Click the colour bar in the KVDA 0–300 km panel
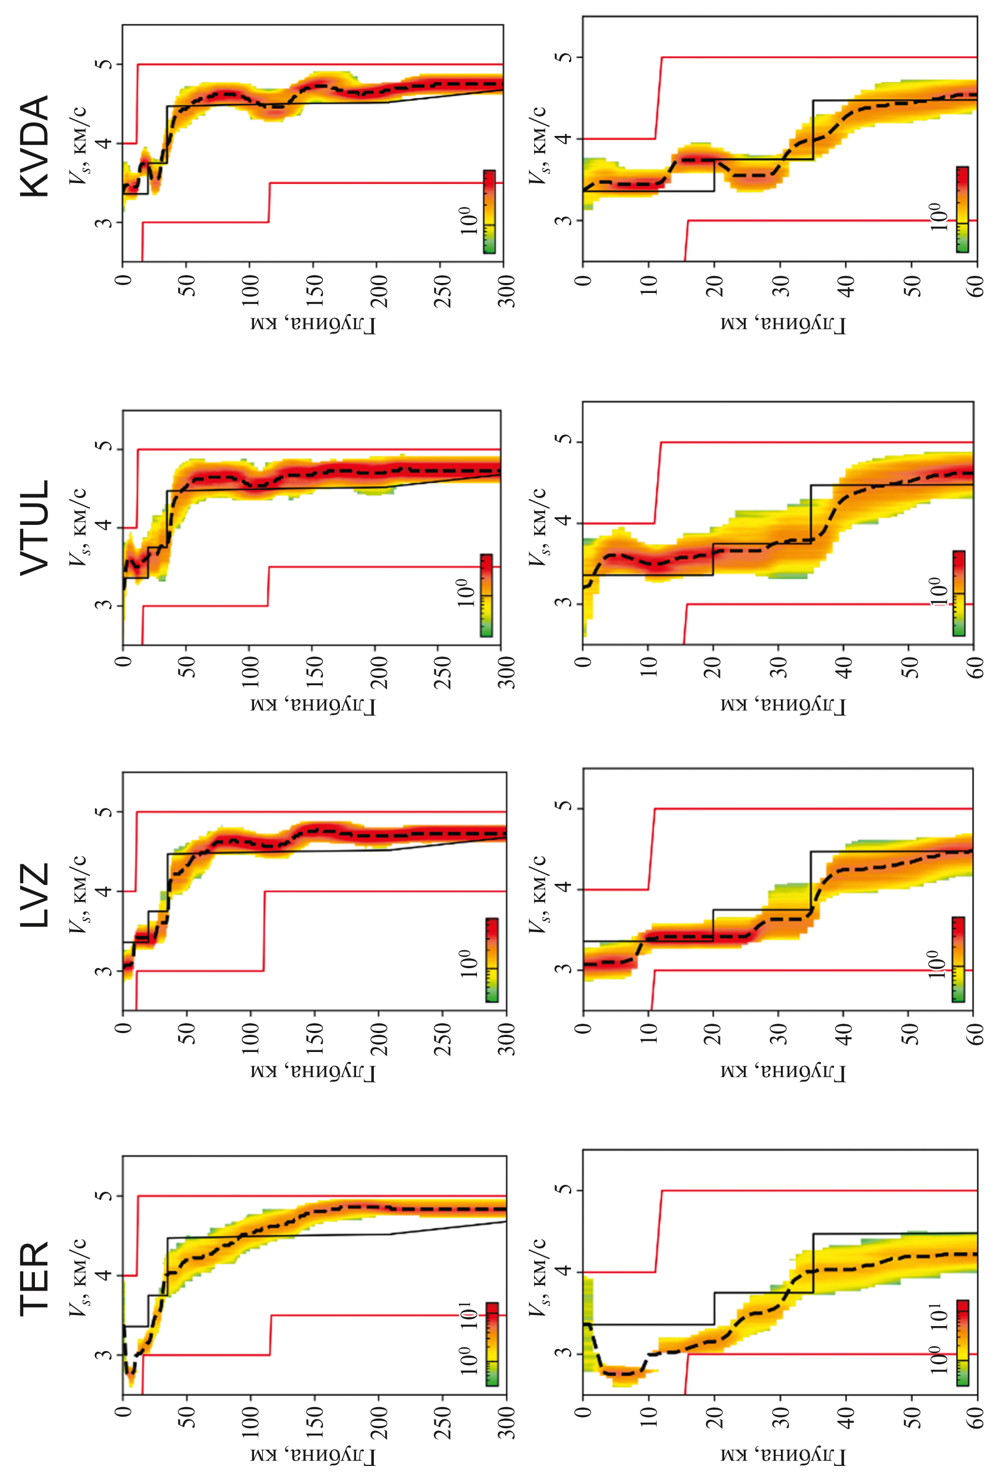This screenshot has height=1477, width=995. (x=489, y=211)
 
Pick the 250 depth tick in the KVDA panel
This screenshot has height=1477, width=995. (x=442, y=291)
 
